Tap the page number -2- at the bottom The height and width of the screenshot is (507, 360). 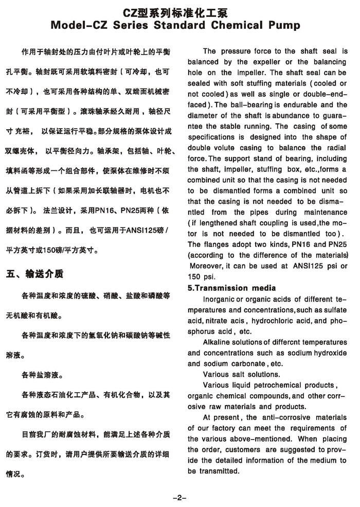(x=179, y=497)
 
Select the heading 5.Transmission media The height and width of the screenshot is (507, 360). (x=231, y=288)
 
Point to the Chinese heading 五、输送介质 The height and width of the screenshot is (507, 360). (x=35, y=273)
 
